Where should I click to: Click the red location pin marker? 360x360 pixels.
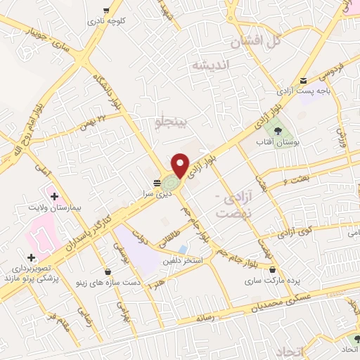[x=181, y=165]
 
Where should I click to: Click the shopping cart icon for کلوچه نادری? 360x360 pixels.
[x=105, y=11]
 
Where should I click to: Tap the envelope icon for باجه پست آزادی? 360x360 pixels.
[x=304, y=81]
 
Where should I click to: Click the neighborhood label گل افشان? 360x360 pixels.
[x=255, y=41]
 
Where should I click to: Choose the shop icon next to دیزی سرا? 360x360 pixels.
[x=155, y=182]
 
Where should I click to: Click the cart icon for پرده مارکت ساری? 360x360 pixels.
[x=272, y=269]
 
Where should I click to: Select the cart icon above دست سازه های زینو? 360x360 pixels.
[x=107, y=271]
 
